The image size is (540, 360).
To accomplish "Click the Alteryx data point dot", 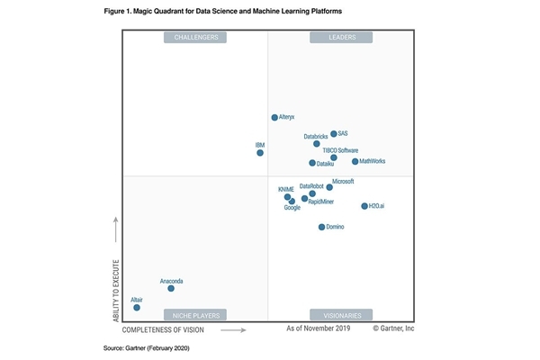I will pyautogui.click(x=274, y=117).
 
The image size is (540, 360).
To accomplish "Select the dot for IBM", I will pyautogui.click(x=260, y=153).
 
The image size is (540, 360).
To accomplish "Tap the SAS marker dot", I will pyautogui.click(x=333, y=134).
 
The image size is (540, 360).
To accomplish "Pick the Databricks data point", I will pyautogui.click(x=317, y=144).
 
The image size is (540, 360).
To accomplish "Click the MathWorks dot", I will pyautogui.click(x=355, y=162).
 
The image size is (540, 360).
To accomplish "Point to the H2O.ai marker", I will pyautogui.click(x=364, y=206).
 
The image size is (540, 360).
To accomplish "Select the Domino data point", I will pyautogui.click(x=321, y=227).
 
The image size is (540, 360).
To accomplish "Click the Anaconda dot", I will pyautogui.click(x=171, y=288).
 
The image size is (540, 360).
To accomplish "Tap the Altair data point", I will pyautogui.click(x=137, y=308).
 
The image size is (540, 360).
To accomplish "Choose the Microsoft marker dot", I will pyautogui.click(x=329, y=187).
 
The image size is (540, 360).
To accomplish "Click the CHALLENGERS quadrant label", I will pyautogui.click(x=195, y=38).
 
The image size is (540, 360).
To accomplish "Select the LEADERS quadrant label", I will pyautogui.click(x=341, y=38).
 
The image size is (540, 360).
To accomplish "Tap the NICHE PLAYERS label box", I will pyautogui.click(x=195, y=315).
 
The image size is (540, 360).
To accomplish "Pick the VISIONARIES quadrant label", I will pyautogui.click(x=341, y=315).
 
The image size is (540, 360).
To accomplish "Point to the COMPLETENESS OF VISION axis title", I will pyautogui.click(x=166, y=330).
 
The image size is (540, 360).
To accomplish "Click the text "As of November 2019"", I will pyautogui.click(x=318, y=329).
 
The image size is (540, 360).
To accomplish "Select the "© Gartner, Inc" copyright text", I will pyautogui.click(x=393, y=329).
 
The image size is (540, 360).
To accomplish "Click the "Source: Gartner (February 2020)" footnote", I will pyautogui.click(x=146, y=347).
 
